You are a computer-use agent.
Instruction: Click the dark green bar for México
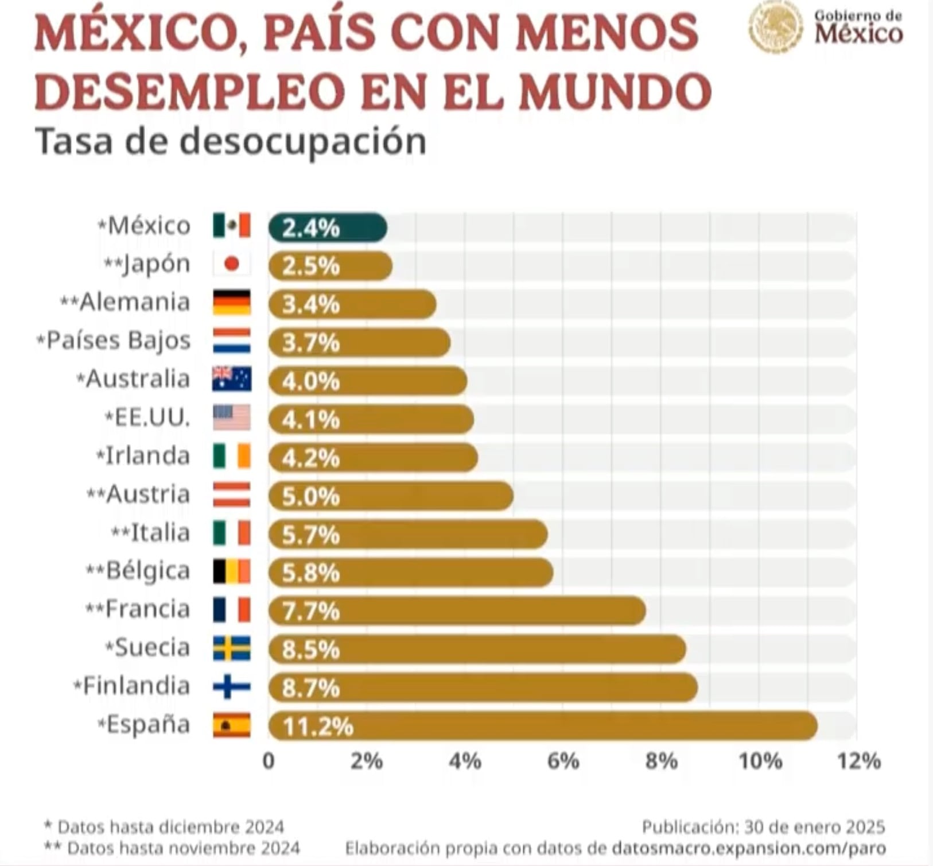(327, 227)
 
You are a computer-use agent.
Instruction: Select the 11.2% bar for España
(542, 726)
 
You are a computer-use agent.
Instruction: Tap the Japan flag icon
(232, 264)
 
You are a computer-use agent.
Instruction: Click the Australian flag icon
(232, 379)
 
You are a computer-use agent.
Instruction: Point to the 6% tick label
(563, 761)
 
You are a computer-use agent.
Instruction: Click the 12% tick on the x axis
(858, 761)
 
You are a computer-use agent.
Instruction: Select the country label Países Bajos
(118, 341)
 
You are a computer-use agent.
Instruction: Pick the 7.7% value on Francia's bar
(310, 612)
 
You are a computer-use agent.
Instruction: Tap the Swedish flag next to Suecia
(232, 648)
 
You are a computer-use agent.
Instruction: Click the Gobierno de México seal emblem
(776, 27)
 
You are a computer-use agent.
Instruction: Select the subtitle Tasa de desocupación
(231, 141)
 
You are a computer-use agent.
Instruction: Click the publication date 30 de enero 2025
(815, 827)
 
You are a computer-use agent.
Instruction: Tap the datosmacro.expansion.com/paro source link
(748, 848)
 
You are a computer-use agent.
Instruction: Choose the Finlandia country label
(136, 686)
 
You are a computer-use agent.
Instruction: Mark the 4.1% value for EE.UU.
(310, 420)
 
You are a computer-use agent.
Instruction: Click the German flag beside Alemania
(232, 303)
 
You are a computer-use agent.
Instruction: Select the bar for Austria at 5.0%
(390, 496)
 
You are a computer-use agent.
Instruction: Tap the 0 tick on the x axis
(269, 761)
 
